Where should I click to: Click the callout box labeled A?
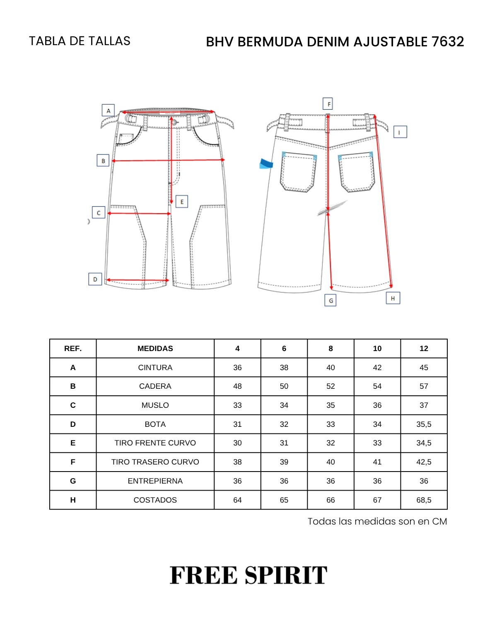tap(108, 110)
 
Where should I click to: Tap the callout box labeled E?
tap(182, 202)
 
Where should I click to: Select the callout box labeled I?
tap(400, 132)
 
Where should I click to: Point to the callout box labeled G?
tap(331, 300)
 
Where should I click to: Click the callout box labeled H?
tap(393, 298)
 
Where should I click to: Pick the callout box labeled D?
tap(95, 279)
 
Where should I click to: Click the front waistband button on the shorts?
tap(174, 123)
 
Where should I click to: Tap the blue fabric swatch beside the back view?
tap(266, 164)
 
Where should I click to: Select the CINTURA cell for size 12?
tap(424, 367)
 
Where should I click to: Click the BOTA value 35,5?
tap(424, 424)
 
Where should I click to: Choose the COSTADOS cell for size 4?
tap(237, 500)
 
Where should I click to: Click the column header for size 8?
tap(331, 348)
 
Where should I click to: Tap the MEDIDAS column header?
tap(155, 348)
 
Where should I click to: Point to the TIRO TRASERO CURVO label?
tap(155, 462)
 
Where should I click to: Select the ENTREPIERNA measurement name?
tap(155, 481)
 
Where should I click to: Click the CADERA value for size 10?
tap(377, 386)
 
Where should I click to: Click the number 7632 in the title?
tap(448, 41)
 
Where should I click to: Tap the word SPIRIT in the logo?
tap(286, 575)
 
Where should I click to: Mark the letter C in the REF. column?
tap(73, 405)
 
